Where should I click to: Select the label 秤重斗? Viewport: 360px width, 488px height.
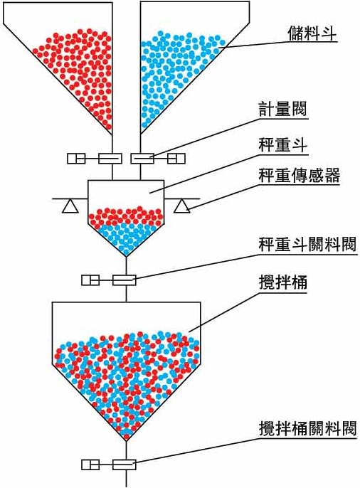pyautogui.click(x=282, y=146)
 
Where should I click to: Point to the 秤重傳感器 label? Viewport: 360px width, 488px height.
pyautogui.click(x=299, y=176)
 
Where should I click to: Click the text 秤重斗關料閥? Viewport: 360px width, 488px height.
pyautogui.click(x=307, y=245)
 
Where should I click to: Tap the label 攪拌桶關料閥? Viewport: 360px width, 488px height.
pyautogui.click(x=307, y=429)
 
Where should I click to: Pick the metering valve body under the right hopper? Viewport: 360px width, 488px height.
pyautogui.click(x=142, y=159)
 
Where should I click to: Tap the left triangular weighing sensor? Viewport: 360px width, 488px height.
pyautogui.click(x=70, y=206)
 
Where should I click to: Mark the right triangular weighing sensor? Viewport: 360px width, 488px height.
pyautogui.click(x=182, y=206)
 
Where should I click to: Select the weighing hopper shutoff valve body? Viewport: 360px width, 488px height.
pyautogui.click(x=125, y=280)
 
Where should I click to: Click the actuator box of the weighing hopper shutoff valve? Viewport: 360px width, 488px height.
pyautogui.click(x=90, y=280)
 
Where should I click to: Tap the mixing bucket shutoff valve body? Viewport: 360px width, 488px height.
pyautogui.click(x=125, y=465)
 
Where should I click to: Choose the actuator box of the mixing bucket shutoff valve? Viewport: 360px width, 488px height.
pyautogui.click(x=90, y=465)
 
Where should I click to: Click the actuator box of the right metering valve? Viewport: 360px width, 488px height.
pyautogui.click(x=176, y=159)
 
